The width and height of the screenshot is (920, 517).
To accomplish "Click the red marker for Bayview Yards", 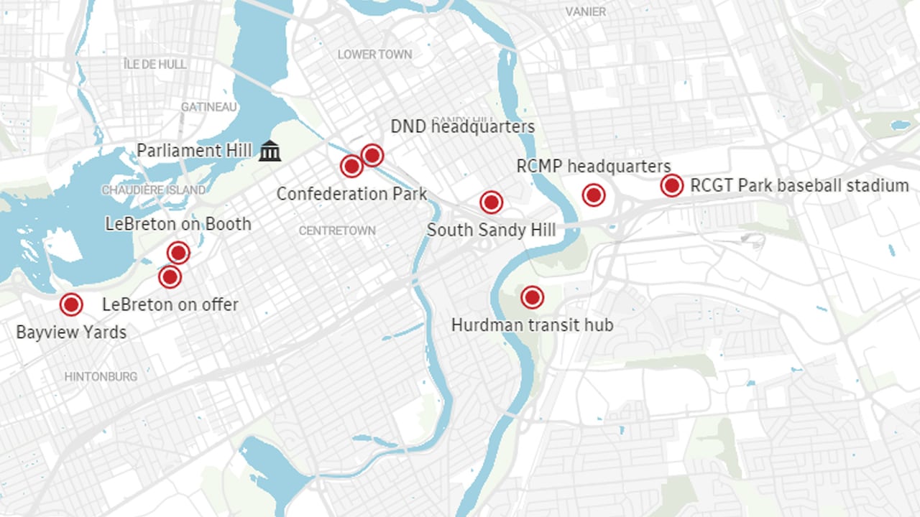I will point(70,304).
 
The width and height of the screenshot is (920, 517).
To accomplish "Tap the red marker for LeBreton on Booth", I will point(178,253).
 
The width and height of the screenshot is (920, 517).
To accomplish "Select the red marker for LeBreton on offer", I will point(170,277).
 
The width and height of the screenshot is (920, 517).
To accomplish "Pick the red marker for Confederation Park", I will point(351,167).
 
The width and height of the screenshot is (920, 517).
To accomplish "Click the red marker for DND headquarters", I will point(372,154).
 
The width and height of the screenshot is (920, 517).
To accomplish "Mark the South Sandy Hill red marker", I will point(491,202).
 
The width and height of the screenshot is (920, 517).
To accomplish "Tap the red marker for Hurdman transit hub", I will point(532,297).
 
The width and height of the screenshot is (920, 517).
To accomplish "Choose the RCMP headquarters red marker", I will point(593,195).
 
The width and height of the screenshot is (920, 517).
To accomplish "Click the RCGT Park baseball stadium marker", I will point(671,186).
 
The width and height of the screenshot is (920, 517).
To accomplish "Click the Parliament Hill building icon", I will point(270,151).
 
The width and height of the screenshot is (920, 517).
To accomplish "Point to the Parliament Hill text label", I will point(194,151).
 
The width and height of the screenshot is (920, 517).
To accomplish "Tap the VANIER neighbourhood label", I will point(585,11).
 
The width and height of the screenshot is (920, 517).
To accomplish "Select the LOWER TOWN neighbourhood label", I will point(374,55).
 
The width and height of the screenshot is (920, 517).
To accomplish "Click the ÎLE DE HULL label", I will point(155,65).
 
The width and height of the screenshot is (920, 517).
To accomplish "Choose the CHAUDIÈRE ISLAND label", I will point(153,190).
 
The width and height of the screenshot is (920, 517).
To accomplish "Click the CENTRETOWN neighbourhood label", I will point(336,231).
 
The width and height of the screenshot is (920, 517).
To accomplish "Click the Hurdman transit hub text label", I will point(532,325).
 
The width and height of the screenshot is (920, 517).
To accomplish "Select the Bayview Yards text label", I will point(71,332).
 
